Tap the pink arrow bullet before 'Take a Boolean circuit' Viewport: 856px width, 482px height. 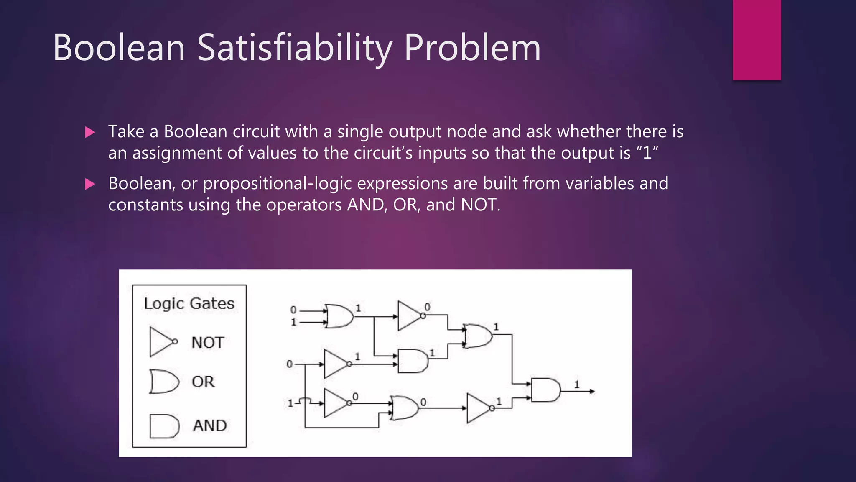[90, 133]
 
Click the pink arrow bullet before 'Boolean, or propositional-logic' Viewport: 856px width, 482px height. [90, 184]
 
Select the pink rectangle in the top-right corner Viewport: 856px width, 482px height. [757, 40]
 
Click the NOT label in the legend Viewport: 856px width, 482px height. [208, 343]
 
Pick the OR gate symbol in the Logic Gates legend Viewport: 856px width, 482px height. [164, 382]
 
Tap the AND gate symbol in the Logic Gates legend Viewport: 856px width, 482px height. [164, 426]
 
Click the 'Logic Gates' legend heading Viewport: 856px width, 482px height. [189, 303]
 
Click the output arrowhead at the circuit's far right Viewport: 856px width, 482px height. [591, 391]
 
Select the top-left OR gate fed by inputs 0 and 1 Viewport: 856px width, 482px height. [339, 316]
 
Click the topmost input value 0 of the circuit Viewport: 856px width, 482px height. [293, 310]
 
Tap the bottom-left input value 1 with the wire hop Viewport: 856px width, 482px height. [290, 403]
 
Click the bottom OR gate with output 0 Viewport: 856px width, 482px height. [405, 408]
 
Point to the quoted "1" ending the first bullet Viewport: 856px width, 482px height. [647, 153]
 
